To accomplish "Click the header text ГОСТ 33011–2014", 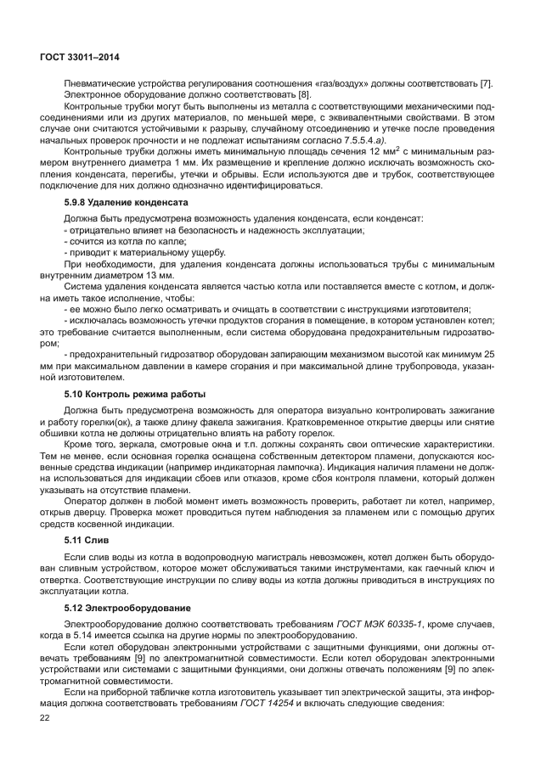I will [79, 56].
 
